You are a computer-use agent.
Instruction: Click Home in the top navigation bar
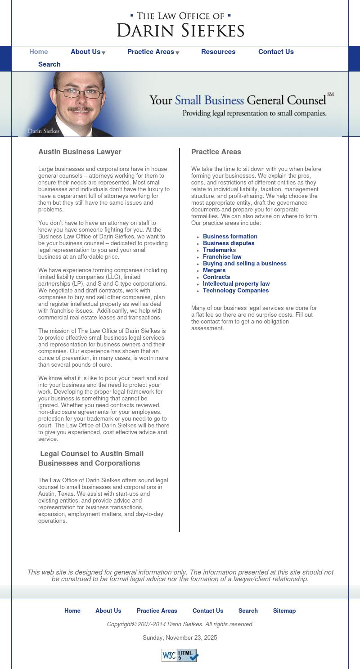[x=39, y=52]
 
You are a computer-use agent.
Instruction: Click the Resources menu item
[x=218, y=52]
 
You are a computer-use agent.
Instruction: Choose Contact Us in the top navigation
[x=276, y=52]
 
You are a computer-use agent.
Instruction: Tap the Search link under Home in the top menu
[x=49, y=64]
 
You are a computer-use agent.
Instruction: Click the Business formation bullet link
[x=230, y=237]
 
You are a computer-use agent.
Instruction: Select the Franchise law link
[x=222, y=257]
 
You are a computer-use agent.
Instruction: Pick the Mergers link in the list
[x=214, y=270]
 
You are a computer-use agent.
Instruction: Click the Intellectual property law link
[x=236, y=284]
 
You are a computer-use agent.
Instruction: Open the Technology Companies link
[x=236, y=291]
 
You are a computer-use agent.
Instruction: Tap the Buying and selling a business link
[x=244, y=264]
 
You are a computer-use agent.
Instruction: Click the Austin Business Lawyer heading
[x=80, y=152]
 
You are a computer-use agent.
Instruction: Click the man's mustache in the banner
[x=80, y=109]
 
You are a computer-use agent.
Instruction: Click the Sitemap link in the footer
[x=284, y=611]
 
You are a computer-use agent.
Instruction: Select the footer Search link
[x=248, y=611]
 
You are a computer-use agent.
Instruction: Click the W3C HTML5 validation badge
[x=180, y=655]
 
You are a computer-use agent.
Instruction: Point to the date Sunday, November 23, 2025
[x=180, y=638]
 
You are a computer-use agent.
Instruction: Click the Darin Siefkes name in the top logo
[x=180, y=31]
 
